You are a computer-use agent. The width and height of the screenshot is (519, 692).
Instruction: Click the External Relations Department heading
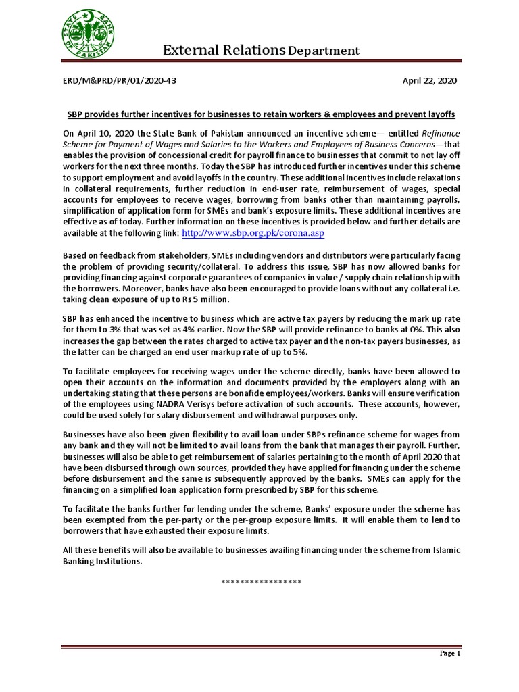(261, 51)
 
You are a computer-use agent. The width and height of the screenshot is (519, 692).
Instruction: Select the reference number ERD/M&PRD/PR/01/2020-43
(120, 81)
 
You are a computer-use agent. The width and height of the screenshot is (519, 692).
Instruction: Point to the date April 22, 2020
(429, 81)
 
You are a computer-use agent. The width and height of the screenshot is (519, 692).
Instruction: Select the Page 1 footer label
(449, 653)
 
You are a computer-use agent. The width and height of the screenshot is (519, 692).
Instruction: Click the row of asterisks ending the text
(261, 582)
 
